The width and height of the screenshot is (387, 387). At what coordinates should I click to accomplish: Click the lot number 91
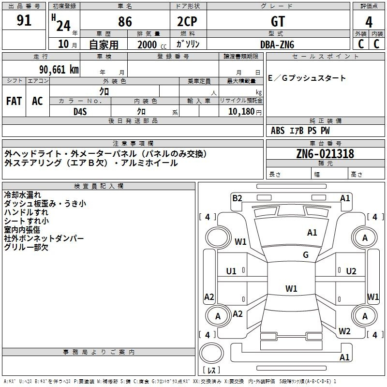pyautogui.click(x=24, y=20)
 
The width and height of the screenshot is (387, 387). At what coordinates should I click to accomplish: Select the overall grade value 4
pyautogui.click(x=369, y=22)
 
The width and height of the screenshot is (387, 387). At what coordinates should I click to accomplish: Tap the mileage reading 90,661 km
pyautogui.click(x=59, y=70)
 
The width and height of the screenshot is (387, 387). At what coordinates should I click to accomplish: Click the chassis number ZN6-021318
pyautogui.click(x=325, y=154)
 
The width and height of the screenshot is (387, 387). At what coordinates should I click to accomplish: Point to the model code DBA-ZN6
pyautogui.click(x=277, y=45)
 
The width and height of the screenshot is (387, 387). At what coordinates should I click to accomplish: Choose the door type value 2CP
pyautogui.click(x=187, y=21)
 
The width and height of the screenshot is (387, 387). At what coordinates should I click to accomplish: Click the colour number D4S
pyautogui.click(x=80, y=112)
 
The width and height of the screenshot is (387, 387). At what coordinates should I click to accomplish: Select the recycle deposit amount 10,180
pyautogui.click(x=241, y=112)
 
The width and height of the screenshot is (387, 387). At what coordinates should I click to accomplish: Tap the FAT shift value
pyautogui.click(x=14, y=101)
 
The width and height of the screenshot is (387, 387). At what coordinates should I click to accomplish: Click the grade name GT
pyautogui.click(x=278, y=21)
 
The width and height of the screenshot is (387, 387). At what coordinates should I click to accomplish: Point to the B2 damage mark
pyautogui.click(x=237, y=198)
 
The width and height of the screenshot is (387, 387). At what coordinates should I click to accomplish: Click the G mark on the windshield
pyautogui.click(x=306, y=255)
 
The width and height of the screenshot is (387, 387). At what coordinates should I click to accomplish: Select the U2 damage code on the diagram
pyautogui.click(x=351, y=271)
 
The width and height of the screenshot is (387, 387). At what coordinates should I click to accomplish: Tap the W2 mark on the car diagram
pyautogui.click(x=344, y=331)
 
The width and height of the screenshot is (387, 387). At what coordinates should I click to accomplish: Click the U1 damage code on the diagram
pyautogui.click(x=231, y=271)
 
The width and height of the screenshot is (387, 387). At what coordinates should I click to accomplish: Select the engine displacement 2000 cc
pyautogui.click(x=152, y=45)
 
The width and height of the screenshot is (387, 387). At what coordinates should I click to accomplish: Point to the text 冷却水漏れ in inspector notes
pyautogui.click(x=22, y=195)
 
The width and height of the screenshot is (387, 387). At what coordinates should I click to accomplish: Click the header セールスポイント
pyautogui.click(x=325, y=57)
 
